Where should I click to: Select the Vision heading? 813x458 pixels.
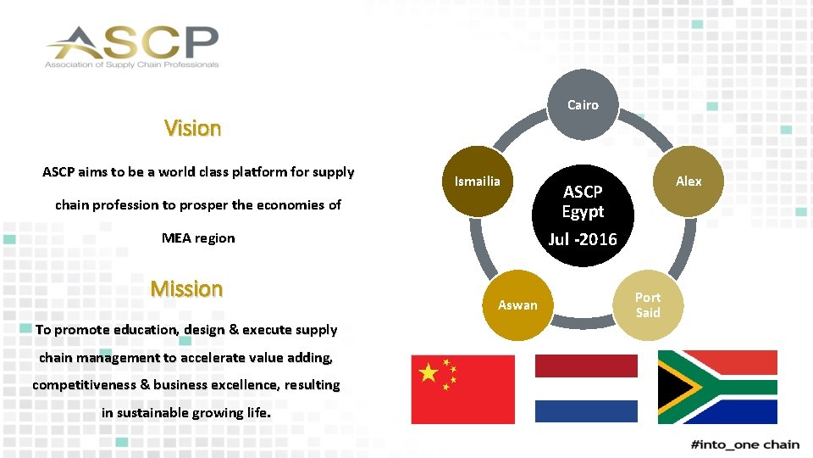192,128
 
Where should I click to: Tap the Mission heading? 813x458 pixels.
186,288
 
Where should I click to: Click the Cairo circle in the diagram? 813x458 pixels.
583,105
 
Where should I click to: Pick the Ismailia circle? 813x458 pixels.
478,182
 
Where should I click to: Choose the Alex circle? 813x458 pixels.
689,182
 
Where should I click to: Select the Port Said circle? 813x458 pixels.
648,305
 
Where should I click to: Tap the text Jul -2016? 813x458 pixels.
583,239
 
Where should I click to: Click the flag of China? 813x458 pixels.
462,388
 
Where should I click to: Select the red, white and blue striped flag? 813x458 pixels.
586,388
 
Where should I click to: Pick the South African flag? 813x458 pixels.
717,387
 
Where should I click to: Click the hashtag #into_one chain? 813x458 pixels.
745,444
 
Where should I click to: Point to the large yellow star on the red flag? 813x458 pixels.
430,372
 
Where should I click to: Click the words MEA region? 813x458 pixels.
198,238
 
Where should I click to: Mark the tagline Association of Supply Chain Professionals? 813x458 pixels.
132,64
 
